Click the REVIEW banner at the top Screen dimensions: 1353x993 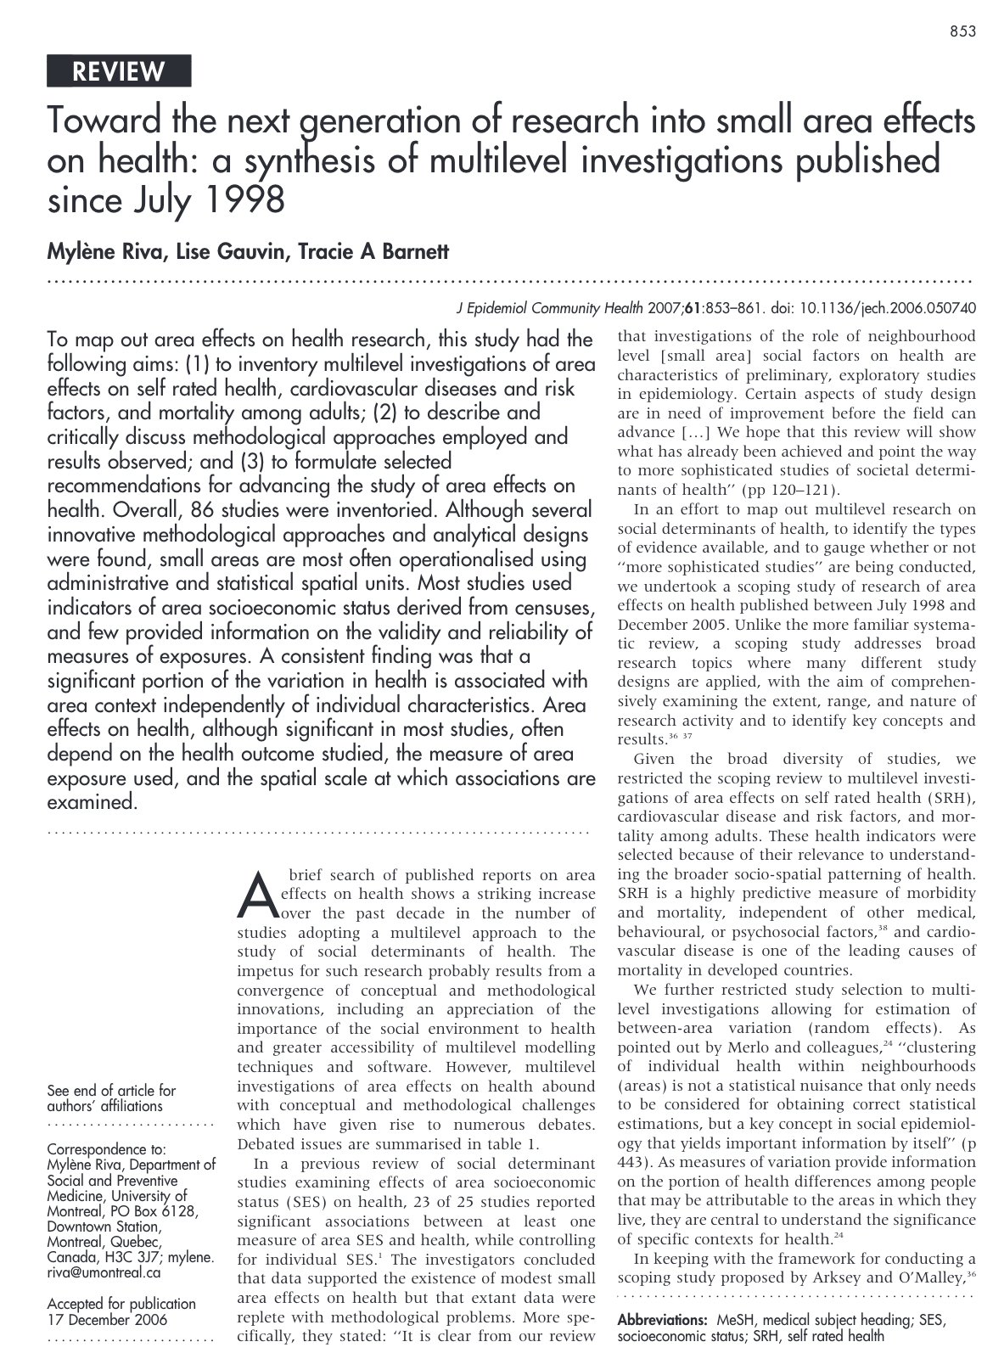(119, 71)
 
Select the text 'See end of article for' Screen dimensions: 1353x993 (111, 1091)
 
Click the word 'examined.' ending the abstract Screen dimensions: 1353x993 (92, 802)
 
